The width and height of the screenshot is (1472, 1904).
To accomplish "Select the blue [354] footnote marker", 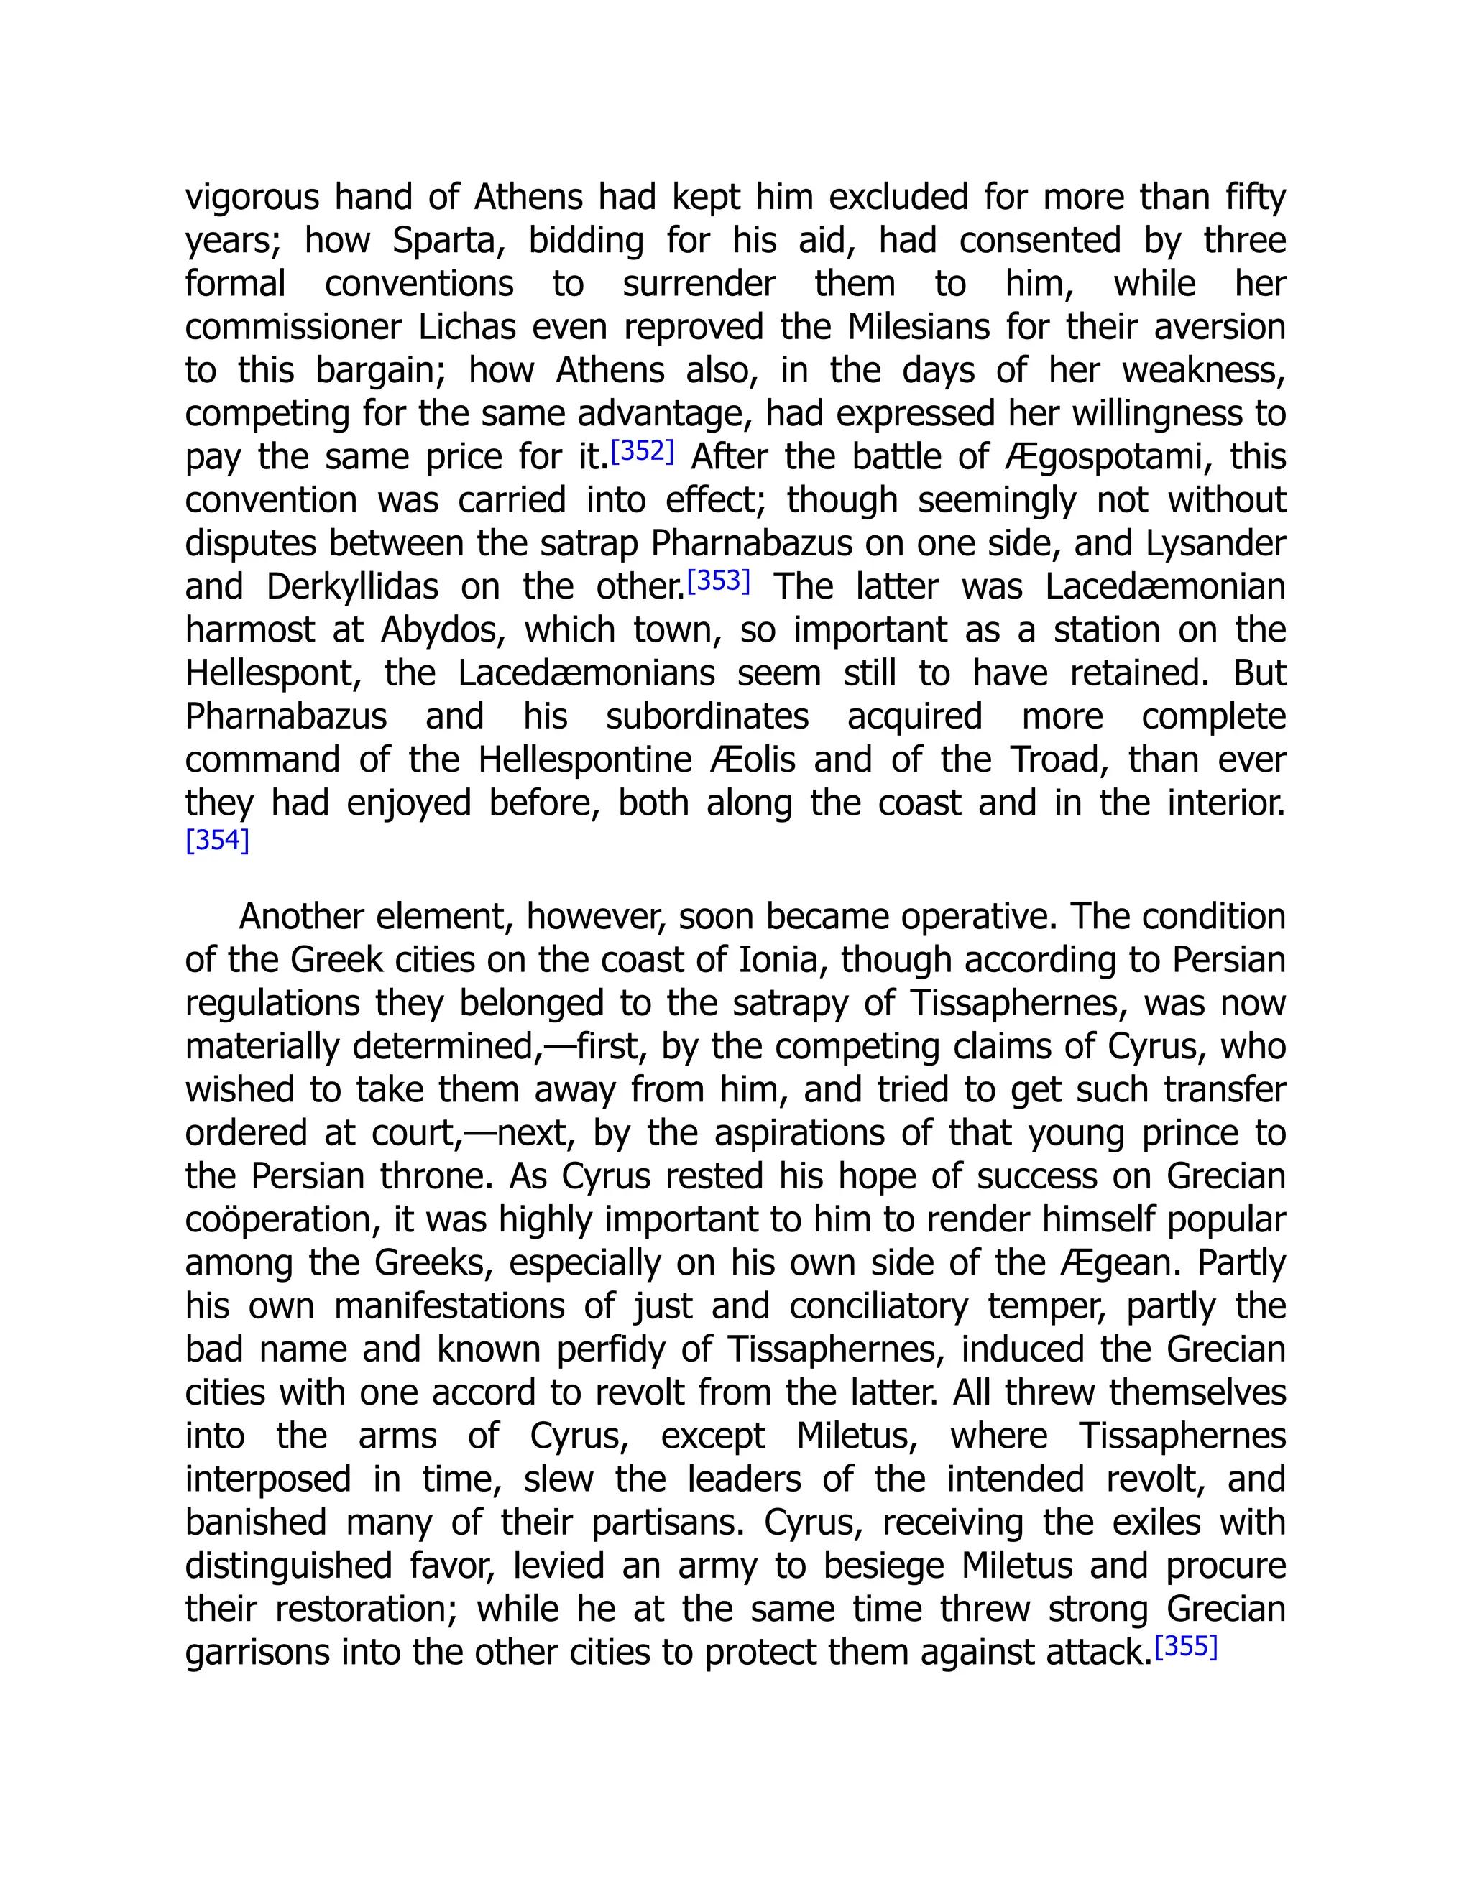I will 217,841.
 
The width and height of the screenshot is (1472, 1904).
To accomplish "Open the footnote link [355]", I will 1185,1647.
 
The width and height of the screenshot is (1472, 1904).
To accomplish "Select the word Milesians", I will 917,328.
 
